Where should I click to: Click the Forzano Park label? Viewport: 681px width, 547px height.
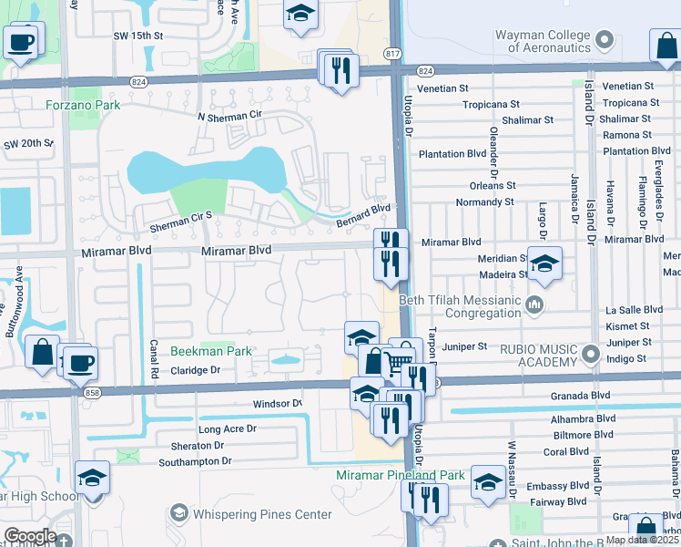coord(83,105)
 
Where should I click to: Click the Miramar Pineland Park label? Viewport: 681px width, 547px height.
coord(400,475)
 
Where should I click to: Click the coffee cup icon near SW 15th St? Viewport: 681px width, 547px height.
coord(22,41)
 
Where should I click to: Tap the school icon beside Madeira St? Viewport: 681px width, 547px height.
coord(544,263)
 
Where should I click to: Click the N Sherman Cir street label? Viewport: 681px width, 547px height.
coord(229,118)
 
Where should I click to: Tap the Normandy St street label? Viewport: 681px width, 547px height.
coord(484,201)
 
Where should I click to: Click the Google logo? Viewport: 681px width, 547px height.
coord(29,536)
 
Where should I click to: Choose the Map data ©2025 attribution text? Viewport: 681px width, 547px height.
coord(641,540)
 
